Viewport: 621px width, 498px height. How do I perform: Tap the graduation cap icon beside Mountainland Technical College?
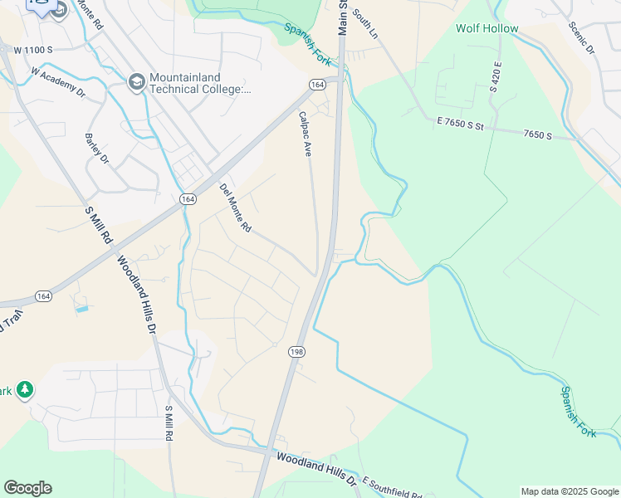click(x=136, y=82)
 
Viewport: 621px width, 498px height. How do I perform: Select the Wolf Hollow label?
click(x=487, y=29)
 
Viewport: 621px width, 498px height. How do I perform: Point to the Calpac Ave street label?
click(x=305, y=134)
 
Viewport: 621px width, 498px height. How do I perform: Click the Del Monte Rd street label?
click(x=235, y=207)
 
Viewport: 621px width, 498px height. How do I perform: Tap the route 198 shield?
click(x=296, y=353)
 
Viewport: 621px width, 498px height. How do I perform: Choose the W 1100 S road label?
click(x=33, y=50)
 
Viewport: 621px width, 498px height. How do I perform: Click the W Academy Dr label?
click(x=58, y=82)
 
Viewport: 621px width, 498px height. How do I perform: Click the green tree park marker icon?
click(x=25, y=389)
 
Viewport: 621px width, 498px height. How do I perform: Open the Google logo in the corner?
click(x=27, y=488)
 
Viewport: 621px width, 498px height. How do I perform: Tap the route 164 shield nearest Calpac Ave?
click(x=316, y=85)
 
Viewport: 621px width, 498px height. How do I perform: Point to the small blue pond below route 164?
click(x=81, y=309)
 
